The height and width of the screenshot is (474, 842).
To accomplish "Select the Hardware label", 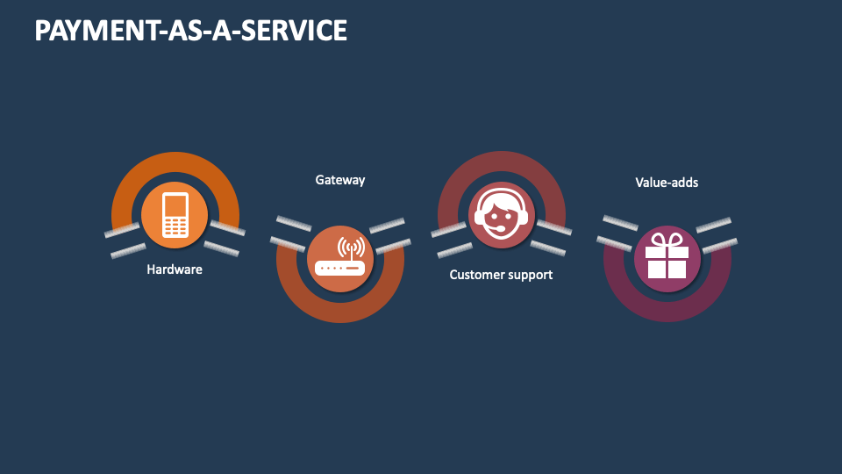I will point(175,269).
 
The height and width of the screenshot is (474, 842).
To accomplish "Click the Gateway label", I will point(340,180).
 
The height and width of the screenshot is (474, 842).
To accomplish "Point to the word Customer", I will point(477,275).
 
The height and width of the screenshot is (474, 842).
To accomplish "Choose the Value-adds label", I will point(667,183).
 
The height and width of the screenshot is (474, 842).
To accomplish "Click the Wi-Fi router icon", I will point(340,258).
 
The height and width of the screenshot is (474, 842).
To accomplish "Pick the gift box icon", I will point(667,258).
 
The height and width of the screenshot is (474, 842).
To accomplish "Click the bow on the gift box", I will point(667,241).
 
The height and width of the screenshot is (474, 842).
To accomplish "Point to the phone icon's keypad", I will point(175,227).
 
